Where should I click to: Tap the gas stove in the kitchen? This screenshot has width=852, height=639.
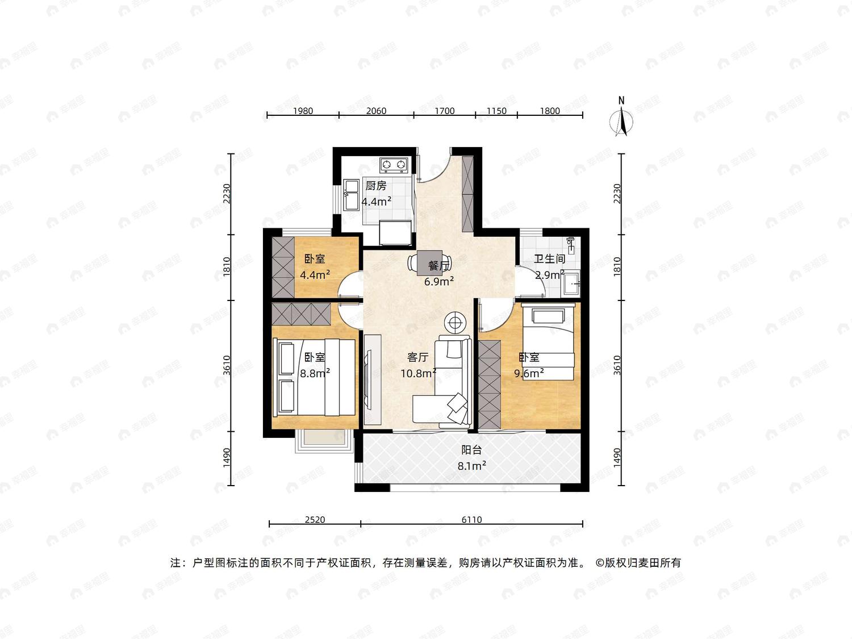point(394,165)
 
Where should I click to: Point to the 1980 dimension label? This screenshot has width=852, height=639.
point(303,111)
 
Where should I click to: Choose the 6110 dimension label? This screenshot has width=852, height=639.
point(471,520)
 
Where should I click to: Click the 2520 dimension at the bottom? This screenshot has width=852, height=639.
point(315,520)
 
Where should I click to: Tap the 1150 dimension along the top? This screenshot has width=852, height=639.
point(496,111)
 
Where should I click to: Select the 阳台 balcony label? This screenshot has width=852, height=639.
point(471,450)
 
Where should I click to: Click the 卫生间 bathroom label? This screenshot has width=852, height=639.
point(549,259)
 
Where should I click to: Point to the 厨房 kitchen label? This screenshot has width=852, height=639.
point(376,186)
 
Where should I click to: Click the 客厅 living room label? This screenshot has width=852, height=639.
point(417,357)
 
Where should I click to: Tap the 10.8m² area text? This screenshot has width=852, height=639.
point(418,373)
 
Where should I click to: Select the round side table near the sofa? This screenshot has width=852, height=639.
point(455,323)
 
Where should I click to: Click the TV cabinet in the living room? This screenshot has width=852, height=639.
point(372,378)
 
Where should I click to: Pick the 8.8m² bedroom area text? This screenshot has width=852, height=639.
point(315,373)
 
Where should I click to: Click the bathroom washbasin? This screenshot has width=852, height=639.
point(571,283)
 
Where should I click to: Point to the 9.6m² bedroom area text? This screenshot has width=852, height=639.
point(529,373)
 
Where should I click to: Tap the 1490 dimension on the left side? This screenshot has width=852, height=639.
point(227,458)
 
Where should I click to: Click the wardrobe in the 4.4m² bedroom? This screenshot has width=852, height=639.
point(283,268)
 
